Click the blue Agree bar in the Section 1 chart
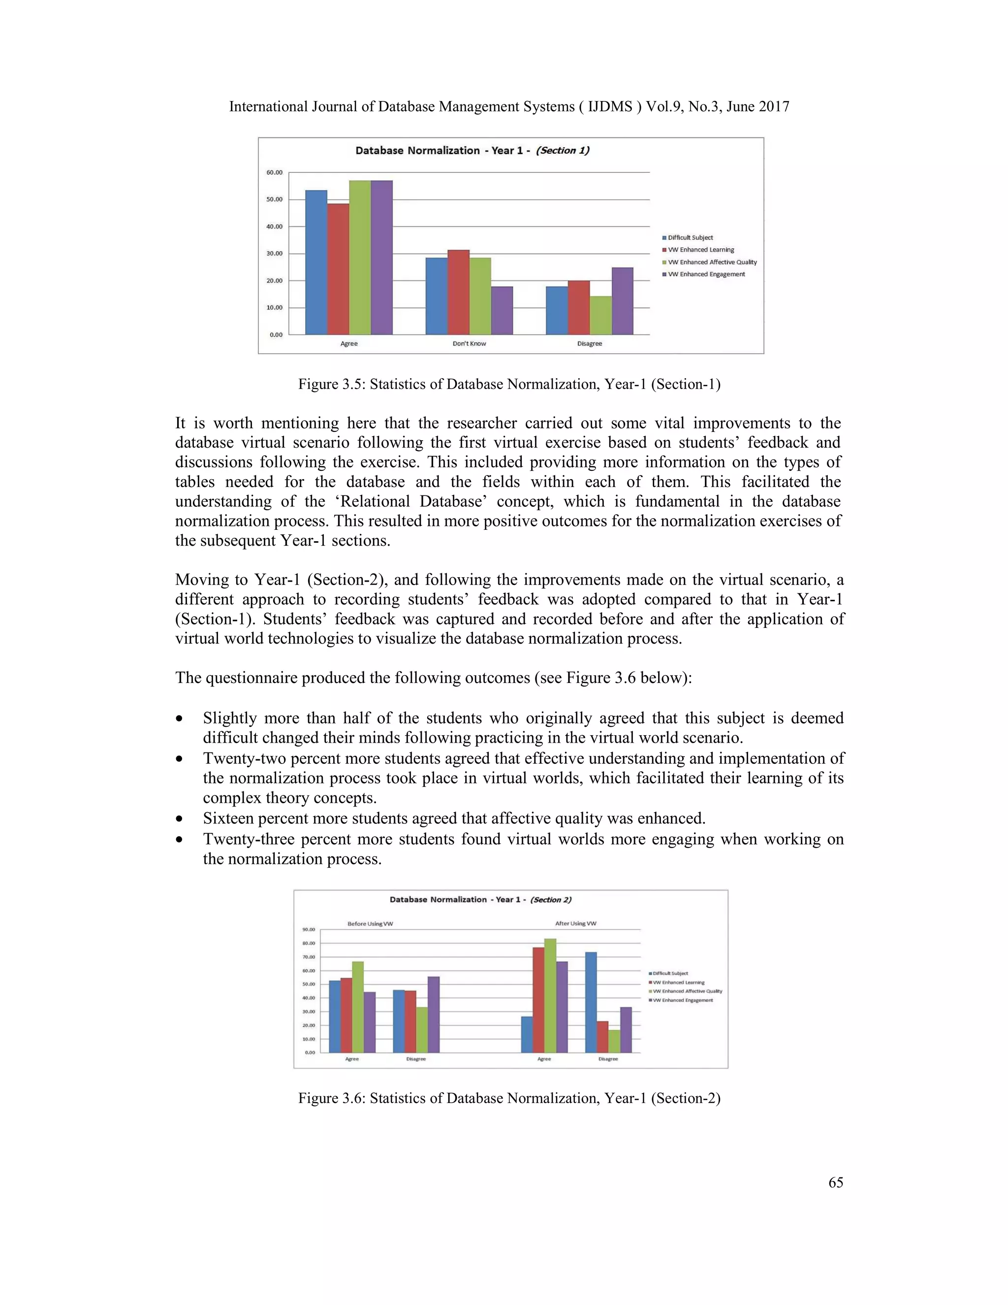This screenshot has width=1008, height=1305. coord(316,263)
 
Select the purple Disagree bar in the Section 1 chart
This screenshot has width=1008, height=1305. coord(622,301)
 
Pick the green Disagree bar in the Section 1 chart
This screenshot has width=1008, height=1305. coord(600,316)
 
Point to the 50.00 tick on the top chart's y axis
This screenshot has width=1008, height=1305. coord(275,199)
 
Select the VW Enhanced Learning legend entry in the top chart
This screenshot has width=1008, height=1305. coord(701,250)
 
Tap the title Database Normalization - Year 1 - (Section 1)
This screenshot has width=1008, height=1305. coord(472,151)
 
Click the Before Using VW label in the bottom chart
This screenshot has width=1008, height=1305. coord(370,924)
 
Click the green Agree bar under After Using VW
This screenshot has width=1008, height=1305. coord(549,996)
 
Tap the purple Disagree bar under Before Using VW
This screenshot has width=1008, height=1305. coord(434,1015)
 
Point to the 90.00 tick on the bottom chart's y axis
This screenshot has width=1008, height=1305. coord(309,930)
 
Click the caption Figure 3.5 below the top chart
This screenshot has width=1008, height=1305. coord(509,384)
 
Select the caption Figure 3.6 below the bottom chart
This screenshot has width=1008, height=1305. coord(509,1098)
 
